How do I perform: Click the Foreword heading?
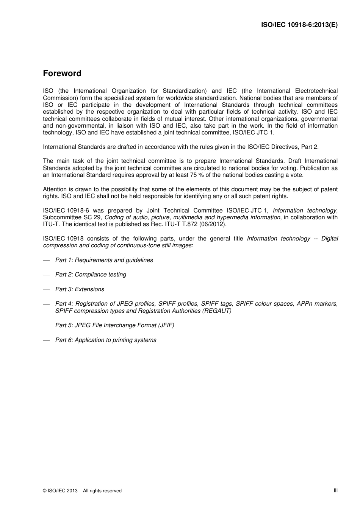tap(62, 73)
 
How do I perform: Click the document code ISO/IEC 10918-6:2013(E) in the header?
tap(299, 25)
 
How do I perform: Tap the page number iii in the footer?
tap(335, 490)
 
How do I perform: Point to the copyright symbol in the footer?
tap(45, 491)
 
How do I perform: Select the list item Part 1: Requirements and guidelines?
tap(104, 260)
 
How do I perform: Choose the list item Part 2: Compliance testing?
tap(91, 275)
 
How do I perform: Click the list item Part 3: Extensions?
tap(80, 289)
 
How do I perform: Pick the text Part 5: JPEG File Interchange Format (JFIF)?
tap(115, 325)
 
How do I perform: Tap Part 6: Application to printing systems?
tap(106, 340)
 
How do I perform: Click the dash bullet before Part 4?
tap(47, 304)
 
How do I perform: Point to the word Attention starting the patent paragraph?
tap(55, 189)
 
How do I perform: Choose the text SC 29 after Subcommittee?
tap(92, 217)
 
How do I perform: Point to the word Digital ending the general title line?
tap(329, 239)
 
